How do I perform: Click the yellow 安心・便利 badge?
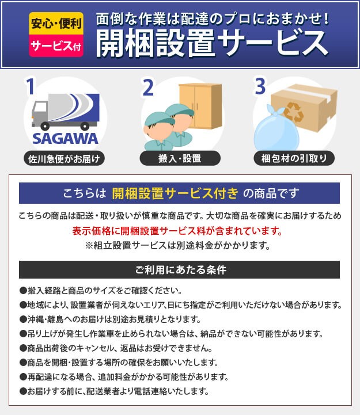tap(56, 23)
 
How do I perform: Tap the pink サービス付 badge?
tap(56, 46)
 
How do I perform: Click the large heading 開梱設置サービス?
tap(212, 44)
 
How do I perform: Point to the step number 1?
tap(30, 86)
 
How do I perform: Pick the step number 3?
tap(260, 86)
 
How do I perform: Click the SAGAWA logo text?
tap(65, 139)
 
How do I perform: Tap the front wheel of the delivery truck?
tap(45, 126)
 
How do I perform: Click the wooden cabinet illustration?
tap(200, 106)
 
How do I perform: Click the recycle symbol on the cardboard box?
tap(294, 112)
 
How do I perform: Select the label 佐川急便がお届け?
tap(64, 159)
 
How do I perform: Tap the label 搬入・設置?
tap(180, 158)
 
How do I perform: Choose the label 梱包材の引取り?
tap(294, 158)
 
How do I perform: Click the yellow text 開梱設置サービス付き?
tap(175, 193)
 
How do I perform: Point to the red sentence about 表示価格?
tap(177, 231)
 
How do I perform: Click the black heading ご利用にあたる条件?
tap(181, 270)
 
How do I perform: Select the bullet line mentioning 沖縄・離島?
tap(110, 319)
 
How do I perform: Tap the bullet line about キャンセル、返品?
tap(116, 348)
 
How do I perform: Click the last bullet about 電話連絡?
tap(114, 391)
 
